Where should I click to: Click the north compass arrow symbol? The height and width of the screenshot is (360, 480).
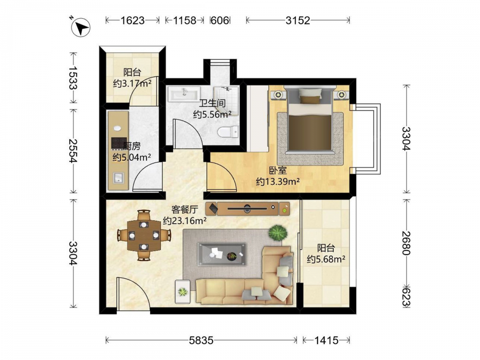click(x=81, y=27)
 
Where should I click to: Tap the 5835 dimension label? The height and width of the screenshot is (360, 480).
click(x=201, y=340)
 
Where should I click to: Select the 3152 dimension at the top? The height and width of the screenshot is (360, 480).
click(x=298, y=20)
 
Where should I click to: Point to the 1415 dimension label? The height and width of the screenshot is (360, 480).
click(x=326, y=340)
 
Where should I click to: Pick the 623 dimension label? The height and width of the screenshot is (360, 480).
click(x=406, y=295)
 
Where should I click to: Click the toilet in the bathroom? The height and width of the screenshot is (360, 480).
click(x=228, y=132)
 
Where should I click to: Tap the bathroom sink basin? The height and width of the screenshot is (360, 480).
click(x=184, y=94)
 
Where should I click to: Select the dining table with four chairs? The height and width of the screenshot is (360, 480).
click(x=144, y=235)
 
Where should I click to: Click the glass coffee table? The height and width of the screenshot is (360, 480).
click(x=222, y=254)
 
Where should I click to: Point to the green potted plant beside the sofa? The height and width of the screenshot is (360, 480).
click(x=278, y=233)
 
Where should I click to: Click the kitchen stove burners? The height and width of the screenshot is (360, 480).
click(x=119, y=143)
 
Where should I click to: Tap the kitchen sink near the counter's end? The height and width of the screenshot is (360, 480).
click(x=118, y=178)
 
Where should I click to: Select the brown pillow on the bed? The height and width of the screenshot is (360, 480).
click(x=311, y=99)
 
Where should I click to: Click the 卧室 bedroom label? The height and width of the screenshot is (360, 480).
click(x=277, y=170)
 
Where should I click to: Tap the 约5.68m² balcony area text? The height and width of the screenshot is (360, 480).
click(x=326, y=259)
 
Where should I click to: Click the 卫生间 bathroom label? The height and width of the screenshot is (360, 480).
click(x=213, y=103)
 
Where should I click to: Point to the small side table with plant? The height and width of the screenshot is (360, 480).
click(x=183, y=292)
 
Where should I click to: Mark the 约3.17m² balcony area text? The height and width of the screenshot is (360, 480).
click(x=132, y=83)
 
